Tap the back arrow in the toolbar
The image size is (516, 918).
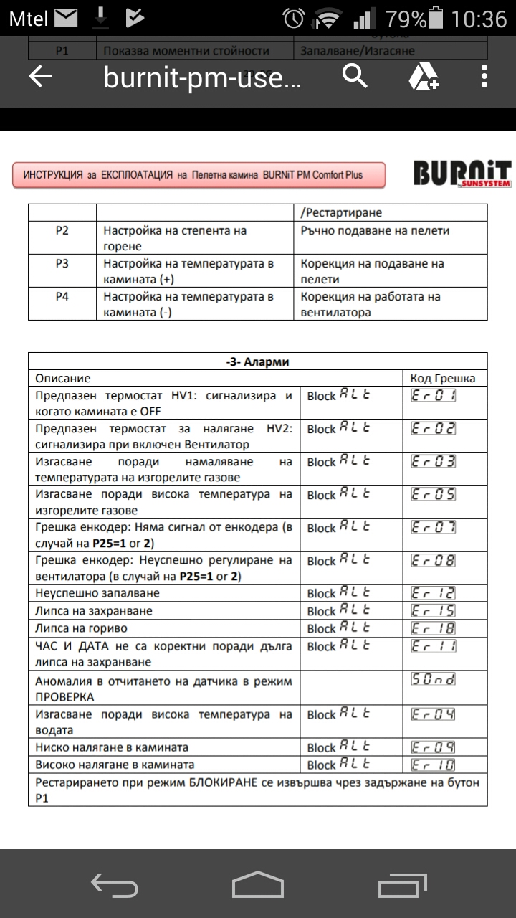pos(40,77)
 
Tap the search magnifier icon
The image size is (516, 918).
pos(355,75)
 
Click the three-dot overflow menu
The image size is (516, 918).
pos(485,76)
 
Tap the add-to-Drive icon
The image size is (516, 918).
pos(424,76)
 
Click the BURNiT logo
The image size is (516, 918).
pos(462,175)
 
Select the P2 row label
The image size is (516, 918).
pos(62,231)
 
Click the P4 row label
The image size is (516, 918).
pos(62,296)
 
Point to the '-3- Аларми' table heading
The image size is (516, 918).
pos(257,361)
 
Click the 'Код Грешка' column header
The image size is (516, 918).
pos(442,378)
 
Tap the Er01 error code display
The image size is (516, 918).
pos(434,395)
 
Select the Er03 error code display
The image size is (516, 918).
pos(434,462)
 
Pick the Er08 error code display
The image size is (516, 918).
pos(434,561)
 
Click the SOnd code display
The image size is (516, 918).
pos(434,679)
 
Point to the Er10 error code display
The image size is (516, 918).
pos(434,765)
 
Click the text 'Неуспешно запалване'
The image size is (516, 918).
pos(97,593)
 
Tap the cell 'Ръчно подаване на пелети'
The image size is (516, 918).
pos(375,231)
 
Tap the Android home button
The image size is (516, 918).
pos(257,884)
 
